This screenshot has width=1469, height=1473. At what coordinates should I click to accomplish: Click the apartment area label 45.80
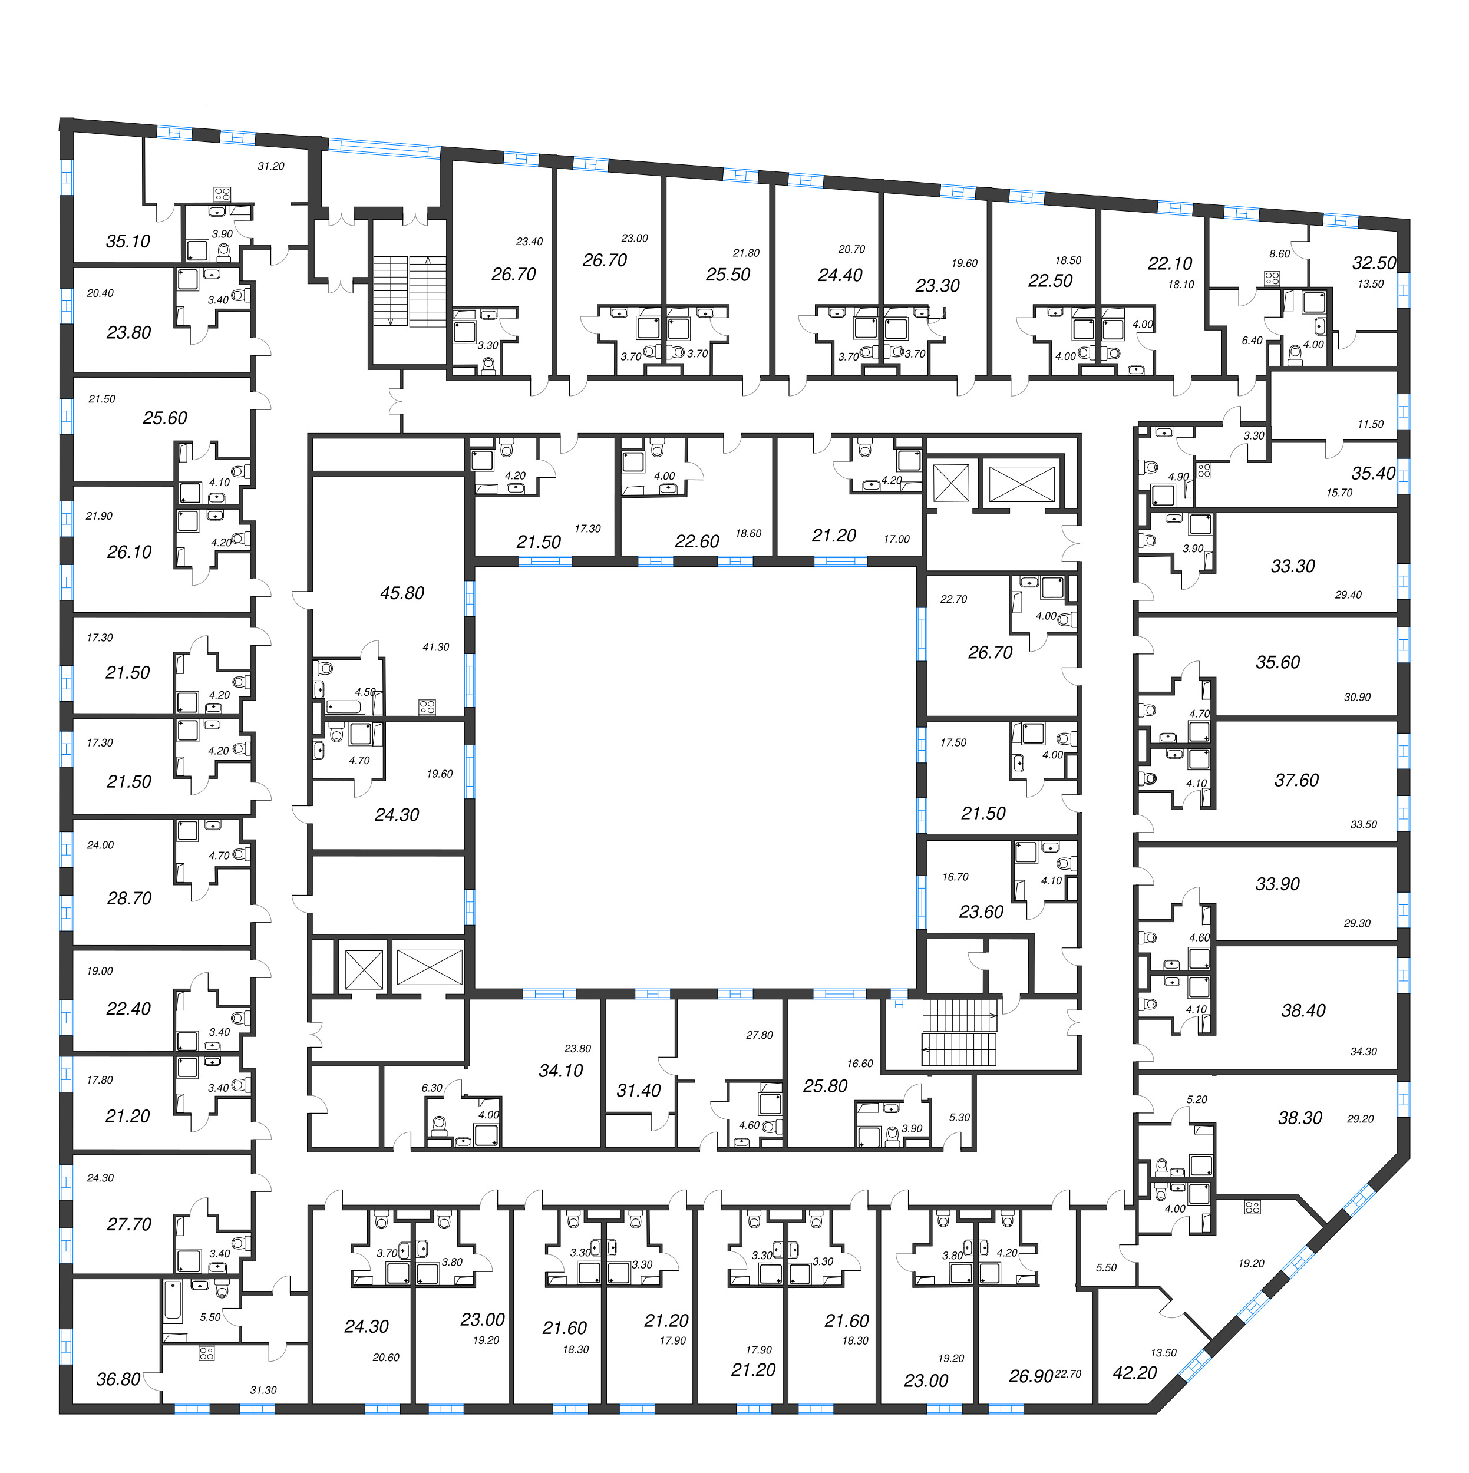coord(402,593)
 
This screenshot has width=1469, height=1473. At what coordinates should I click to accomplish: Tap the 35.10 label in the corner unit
coord(128,242)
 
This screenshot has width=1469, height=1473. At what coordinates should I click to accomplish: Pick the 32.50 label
coord(1374,263)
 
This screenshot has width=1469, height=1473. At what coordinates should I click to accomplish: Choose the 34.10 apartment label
coord(560,1071)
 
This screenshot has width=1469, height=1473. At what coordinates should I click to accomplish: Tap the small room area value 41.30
coord(435,648)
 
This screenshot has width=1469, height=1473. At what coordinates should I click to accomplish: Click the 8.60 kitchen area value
coord(1279,254)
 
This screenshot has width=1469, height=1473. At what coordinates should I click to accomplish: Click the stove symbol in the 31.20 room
coord(222,194)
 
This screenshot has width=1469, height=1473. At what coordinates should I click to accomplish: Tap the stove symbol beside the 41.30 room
coord(427,707)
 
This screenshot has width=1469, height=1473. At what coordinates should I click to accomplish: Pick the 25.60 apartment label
coord(164,418)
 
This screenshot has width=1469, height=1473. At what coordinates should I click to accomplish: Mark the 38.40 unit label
coord(1303,1010)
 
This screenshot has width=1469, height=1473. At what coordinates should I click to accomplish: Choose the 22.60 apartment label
coord(696,541)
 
